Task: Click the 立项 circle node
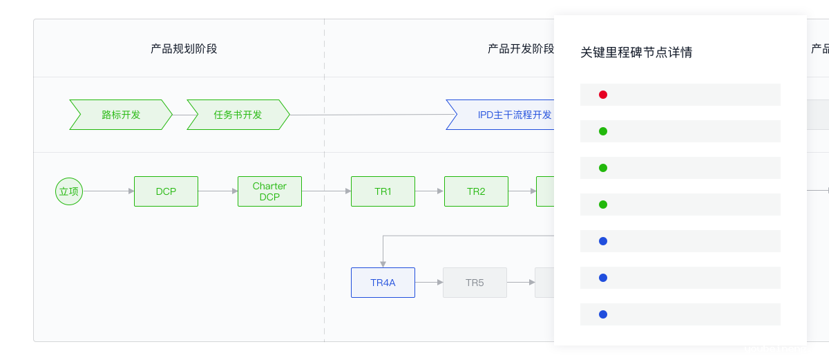(x=69, y=191)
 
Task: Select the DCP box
(x=166, y=191)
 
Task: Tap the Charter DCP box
(x=270, y=191)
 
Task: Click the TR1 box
(x=383, y=191)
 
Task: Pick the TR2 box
(x=476, y=191)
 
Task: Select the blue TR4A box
(x=383, y=283)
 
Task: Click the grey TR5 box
(x=475, y=283)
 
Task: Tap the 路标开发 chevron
(x=121, y=115)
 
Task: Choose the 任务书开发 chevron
(x=238, y=115)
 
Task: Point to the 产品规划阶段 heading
(x=184, y=49)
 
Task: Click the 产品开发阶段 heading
(x=521, y=49)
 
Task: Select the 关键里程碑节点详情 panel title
(x=636, y=53)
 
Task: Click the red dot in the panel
(x=603, y=95)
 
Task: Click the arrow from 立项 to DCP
(x=108, y=191)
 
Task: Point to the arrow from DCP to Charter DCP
(x=218, y=191)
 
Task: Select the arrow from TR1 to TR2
(x=429, y=191)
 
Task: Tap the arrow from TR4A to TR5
(x=429, y=283)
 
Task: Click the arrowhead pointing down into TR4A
(x=383, y=264)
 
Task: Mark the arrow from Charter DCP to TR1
(x=326, y=191)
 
